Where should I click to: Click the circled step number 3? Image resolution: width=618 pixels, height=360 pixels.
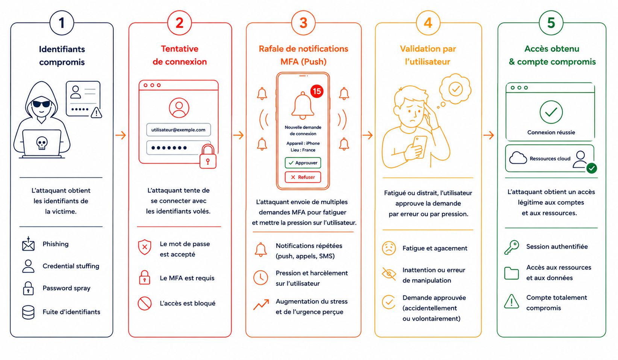click(303, 23)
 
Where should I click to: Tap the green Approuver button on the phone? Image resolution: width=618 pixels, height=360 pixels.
click(303, 163)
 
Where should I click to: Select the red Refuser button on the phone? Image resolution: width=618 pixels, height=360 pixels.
click(303, 177)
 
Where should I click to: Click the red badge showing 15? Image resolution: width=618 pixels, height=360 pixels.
click(317, 91)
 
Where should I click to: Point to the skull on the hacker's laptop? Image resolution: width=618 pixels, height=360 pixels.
click(42, 143)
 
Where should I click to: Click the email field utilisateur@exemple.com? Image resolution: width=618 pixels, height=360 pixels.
click(179, 130)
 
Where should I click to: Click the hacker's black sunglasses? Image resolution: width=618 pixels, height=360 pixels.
click(41, 104)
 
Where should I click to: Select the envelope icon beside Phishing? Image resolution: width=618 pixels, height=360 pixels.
click(28, 244)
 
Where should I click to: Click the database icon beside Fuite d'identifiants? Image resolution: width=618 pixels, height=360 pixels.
click(28, 312)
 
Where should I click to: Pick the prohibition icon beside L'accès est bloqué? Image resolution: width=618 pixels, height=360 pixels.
click(145, 304)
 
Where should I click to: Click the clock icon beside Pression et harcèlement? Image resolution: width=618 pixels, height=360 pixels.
click(261, 278)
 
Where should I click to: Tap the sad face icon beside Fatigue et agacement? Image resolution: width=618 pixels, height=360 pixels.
click(389, 248)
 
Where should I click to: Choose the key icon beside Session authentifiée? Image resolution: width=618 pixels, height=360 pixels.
click(512, 247)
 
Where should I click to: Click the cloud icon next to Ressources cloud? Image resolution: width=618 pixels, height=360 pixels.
click(518, 158)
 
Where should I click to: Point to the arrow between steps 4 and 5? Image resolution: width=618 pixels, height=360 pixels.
click(489, 135)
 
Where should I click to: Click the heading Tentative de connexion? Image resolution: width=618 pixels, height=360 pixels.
click(180, 55)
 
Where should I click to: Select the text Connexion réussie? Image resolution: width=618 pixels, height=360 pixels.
click(551, 132)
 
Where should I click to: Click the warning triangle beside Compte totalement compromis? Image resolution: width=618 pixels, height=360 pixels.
click(512, 301)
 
